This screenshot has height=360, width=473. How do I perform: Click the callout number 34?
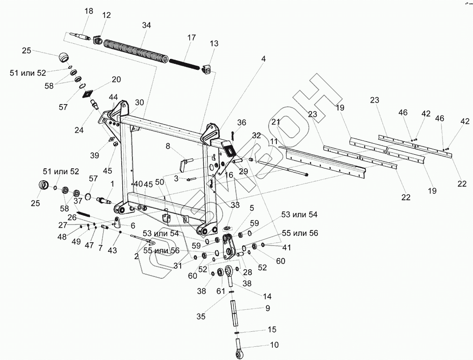146,25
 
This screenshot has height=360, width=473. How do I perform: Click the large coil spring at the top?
136,50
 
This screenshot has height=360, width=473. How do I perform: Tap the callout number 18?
88,11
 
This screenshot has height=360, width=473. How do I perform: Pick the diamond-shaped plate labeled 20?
87,94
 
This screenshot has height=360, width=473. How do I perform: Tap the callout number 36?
241,122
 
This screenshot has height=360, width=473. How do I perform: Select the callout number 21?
275,122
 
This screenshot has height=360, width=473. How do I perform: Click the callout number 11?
273,142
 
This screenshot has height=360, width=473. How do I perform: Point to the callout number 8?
167,146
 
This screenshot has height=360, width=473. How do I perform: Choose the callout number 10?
274,345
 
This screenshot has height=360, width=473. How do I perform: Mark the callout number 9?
268,308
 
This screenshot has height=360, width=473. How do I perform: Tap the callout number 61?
221,291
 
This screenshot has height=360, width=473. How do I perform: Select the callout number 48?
62,237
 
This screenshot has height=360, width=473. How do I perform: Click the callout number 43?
112,250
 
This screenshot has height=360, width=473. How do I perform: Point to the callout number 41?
286,248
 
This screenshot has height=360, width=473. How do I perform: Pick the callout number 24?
79,130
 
